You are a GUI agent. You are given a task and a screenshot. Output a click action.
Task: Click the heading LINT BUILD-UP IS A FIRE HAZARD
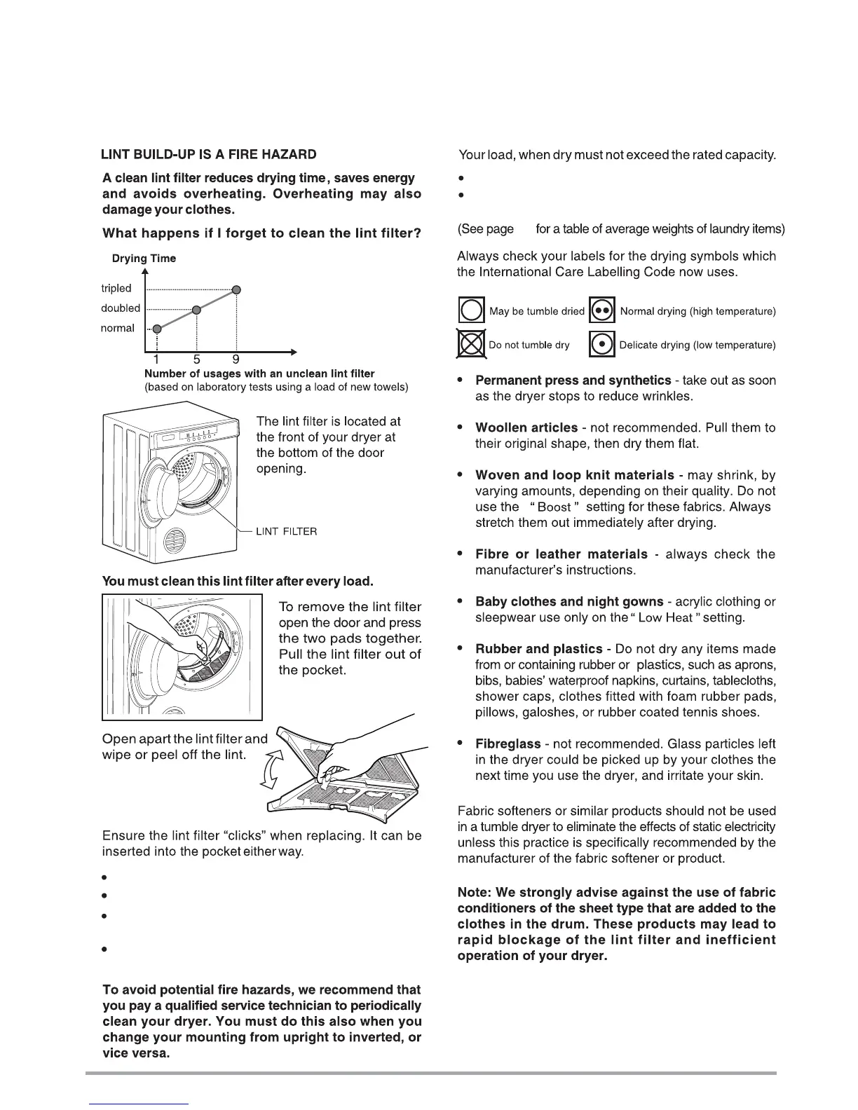pyautogui.click(x=209, y=154)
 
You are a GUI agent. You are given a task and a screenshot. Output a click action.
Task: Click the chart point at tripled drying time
pyautogui.click(x=237, y=289)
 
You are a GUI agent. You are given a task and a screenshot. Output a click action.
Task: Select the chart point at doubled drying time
pyautogui.click(x=197, y=309)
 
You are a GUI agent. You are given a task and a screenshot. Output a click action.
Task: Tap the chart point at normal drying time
pyautogui.click(x=157, y=329)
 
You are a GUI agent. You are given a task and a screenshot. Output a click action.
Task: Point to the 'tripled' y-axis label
pyautogui.click(x=116, y=288)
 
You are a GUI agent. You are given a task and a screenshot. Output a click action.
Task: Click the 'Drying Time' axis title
pyautogui.click(x=144, y=259)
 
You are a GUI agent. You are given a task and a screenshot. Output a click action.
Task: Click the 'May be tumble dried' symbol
pyautogui.click(x=471, y=310)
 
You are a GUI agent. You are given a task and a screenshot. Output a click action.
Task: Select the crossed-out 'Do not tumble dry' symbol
pyautogui.click(x=471, y=344)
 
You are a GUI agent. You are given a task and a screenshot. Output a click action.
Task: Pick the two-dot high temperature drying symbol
pyautogui.click(x=601, y=310)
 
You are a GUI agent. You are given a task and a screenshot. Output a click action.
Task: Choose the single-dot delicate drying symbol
pyautogui.click(x=601, y=344)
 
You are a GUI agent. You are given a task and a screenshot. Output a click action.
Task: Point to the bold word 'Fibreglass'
pyautogui.click(x=508, y=744)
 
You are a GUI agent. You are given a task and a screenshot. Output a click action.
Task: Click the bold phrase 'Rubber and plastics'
pyautogui.click(x=539, y=649)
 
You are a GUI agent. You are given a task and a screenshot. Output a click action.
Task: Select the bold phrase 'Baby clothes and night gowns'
pyautogui.click(x=569, y=602)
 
